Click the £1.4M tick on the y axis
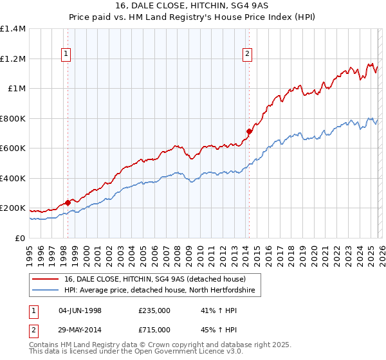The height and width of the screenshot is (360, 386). pyautogui.click(x=13, y=29)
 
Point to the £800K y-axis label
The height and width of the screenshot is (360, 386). pyautogui.click(x=13, y=118)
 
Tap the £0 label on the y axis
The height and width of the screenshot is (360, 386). pyautogui.click(x=19, y=238)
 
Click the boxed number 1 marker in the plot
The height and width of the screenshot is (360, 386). pyautogui.click(x=67, y=55)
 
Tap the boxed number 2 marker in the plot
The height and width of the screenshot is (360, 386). pyautogui.click(x=247, y=55)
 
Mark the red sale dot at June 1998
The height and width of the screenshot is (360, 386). pyautogui.click(x=68, y=203)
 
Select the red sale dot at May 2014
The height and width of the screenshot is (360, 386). pyautogui.click(x=248, y=131)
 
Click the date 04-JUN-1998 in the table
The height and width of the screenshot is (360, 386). pyautogui.click(x=80, y=310)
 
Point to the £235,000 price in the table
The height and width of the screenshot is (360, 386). pyautogui.click(x=154, y=310)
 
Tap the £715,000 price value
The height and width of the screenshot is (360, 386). pyautogui.click(x=154, y=330)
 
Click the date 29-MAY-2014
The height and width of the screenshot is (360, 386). pyautogui.click(x=80, y=330)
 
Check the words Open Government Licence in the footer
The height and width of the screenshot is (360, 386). pyautogui.click(x=176, y=353)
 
